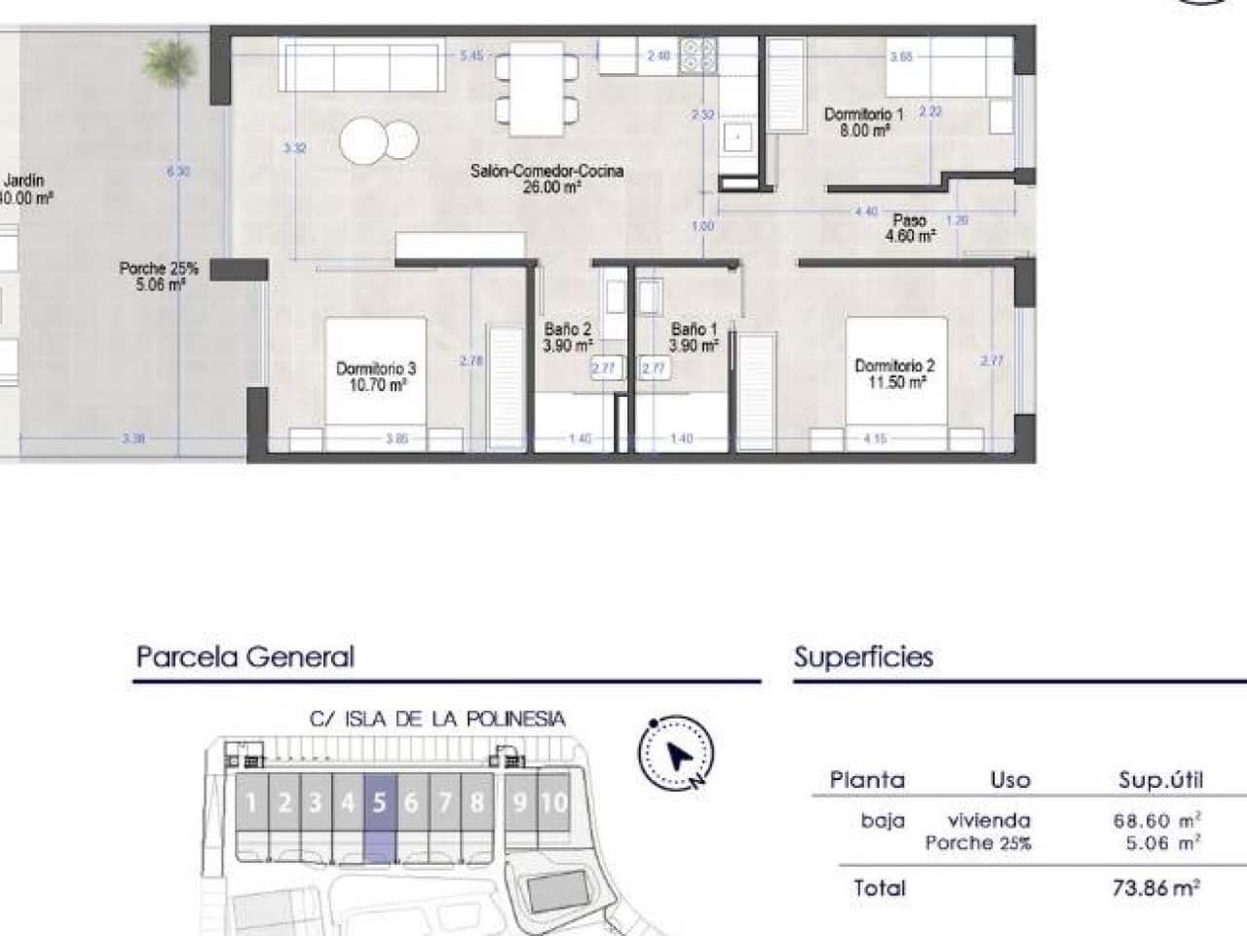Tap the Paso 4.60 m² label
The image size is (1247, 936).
[x=910, y=228]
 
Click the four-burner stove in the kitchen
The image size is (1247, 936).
[x=698, y=56]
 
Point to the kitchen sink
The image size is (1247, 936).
[x=738, y=138]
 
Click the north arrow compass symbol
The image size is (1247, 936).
[x=676, y=753]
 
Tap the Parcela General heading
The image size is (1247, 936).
[x=245, y=656]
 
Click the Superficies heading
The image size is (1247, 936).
[x=863, y=656]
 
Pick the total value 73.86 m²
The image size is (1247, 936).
[x=1155, y=887]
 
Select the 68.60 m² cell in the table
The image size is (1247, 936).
[x=1156, y=820]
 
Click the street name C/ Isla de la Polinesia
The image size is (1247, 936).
[x=437, y=720]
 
